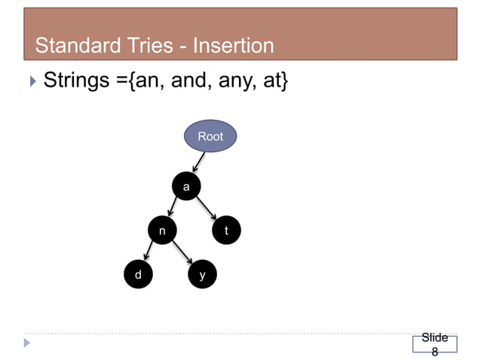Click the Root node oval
point(210,136)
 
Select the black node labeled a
point(186,185)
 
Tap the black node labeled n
point(161,230)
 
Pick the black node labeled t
point(226,230)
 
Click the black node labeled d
point(137,275)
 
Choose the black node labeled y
point(201,275)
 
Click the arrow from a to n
point(173,209)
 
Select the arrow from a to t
point(207,209)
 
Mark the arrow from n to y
point(182,254)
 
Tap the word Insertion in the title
point(233,47)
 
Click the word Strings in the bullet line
point(77,80)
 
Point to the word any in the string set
point(237,80)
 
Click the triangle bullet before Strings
point(30,80)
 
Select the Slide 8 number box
point(434,344)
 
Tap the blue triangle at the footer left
point(28,343)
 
